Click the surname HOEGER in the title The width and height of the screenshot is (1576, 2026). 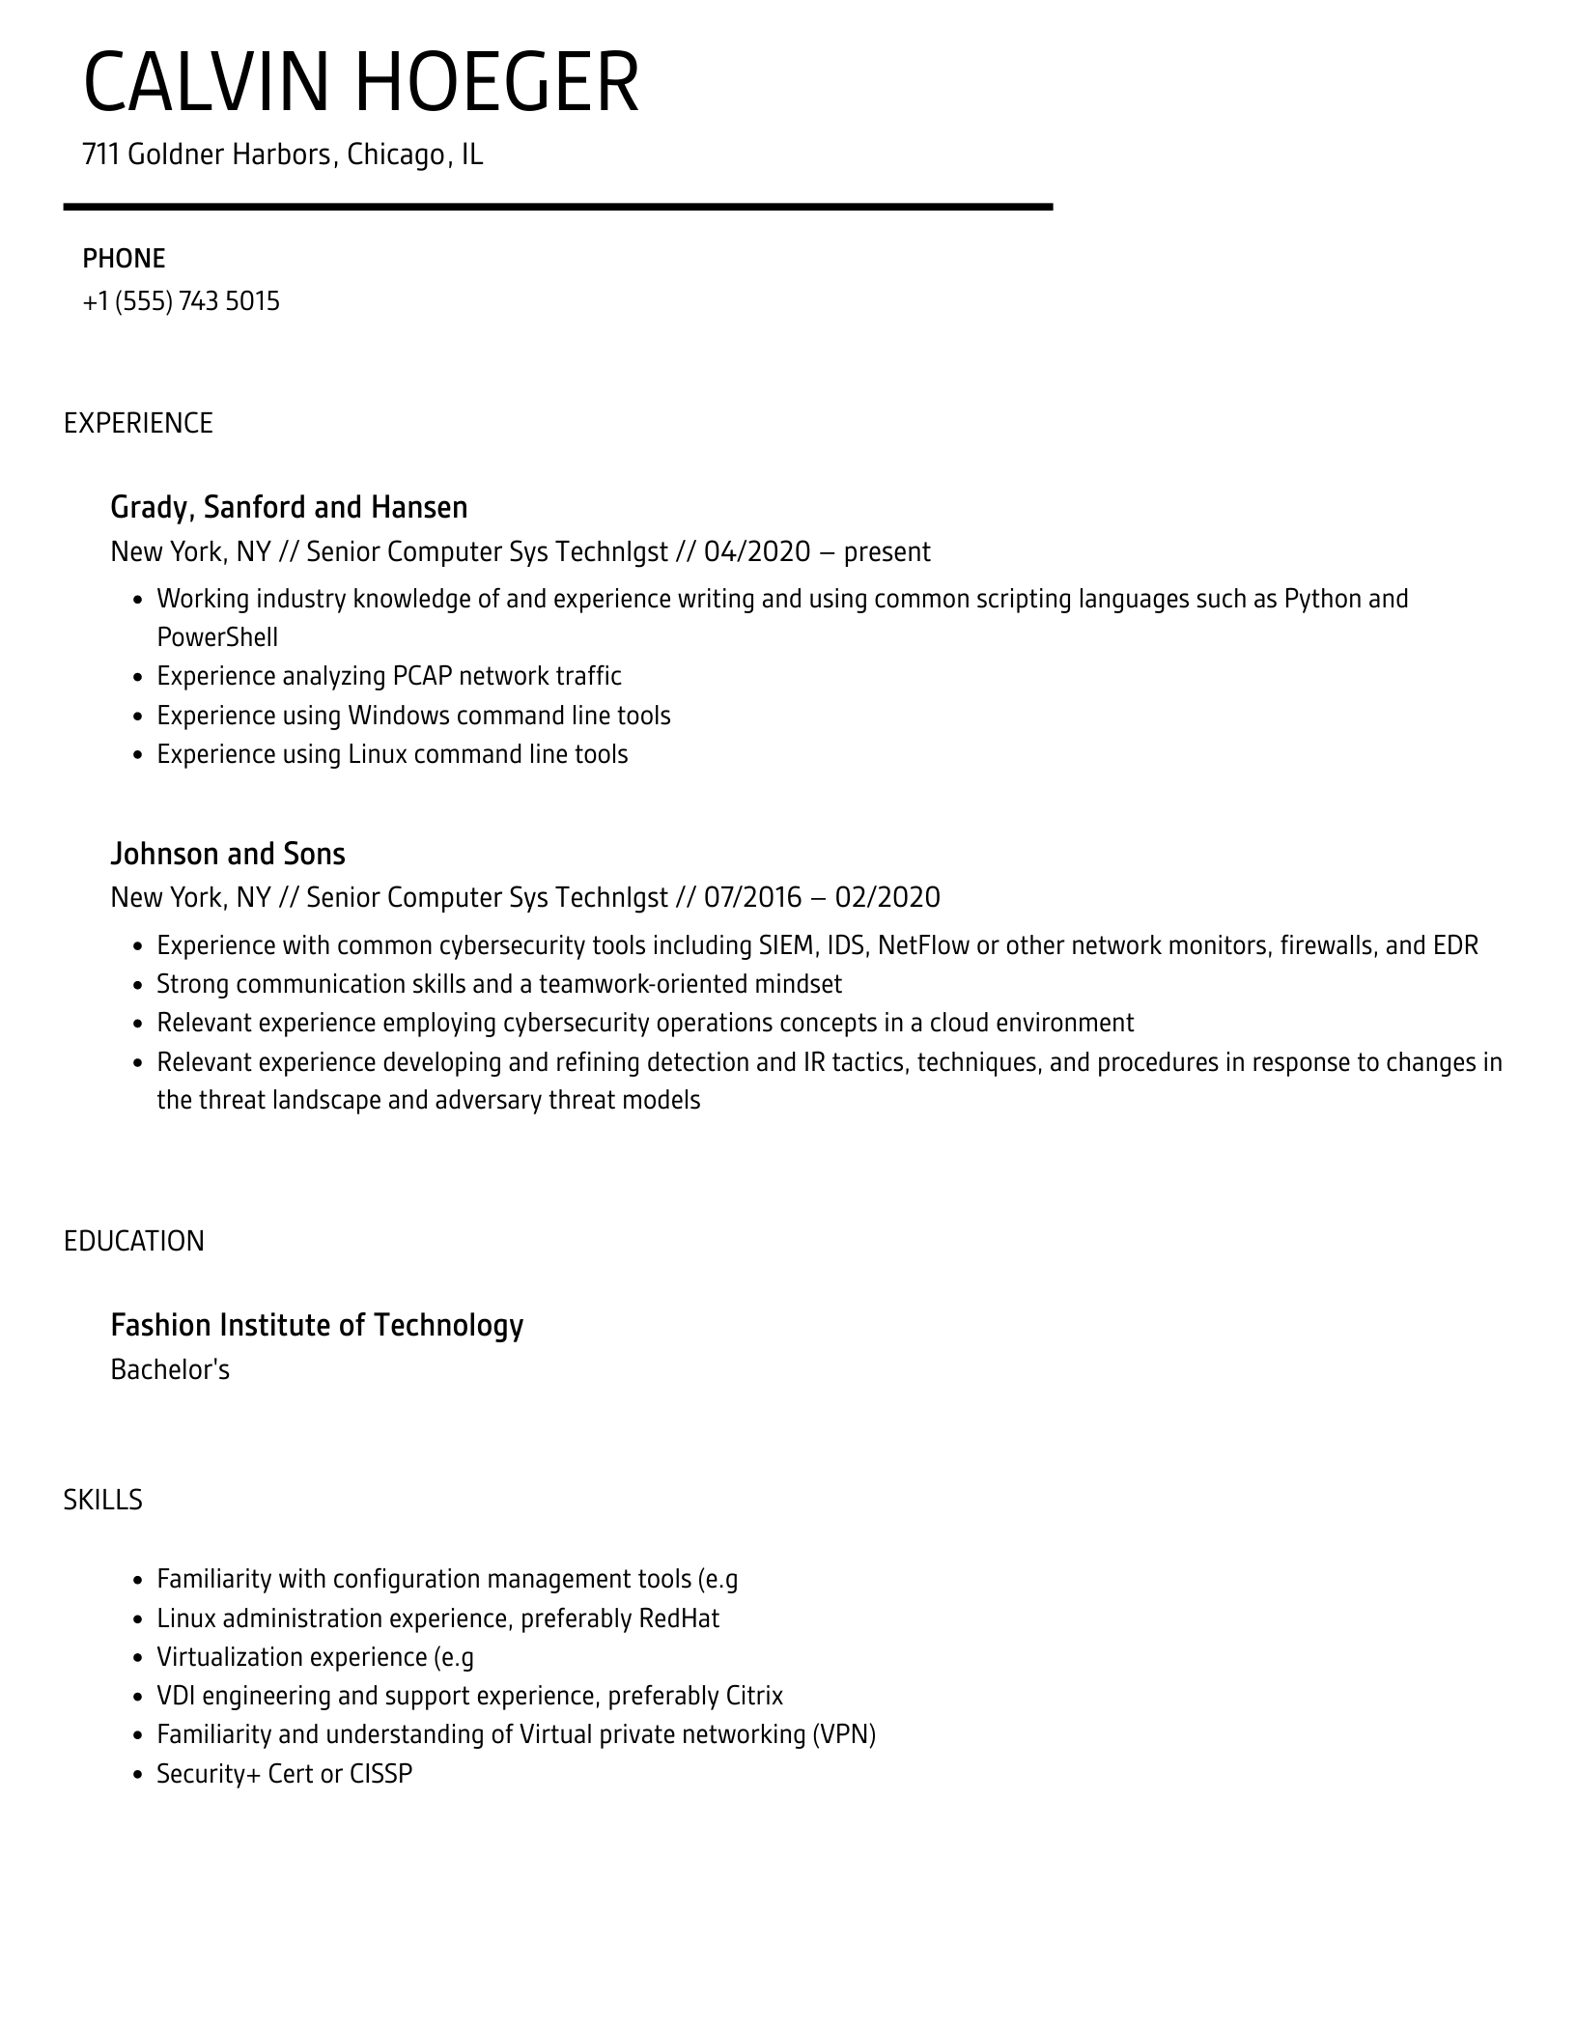coord(496,83)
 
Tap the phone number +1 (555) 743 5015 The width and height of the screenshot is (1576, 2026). coord(182,301)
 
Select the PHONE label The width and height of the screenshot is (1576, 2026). coord(124,259)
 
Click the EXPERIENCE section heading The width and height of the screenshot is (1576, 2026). coord(138,423)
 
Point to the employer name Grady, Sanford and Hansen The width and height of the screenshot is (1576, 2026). coord(289,507)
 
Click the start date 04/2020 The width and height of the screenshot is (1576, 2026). coord(756,551)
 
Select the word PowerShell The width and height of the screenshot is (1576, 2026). coord(217,637)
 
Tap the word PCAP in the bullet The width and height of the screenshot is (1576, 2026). coord(423,676)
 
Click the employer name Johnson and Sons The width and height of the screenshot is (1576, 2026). coord(228,854)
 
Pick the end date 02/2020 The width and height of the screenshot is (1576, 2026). coord(886,897)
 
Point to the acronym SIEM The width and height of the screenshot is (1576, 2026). coord(789,945)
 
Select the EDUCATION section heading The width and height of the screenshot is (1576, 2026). coord(134,1241)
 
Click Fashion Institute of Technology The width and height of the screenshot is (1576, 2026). coord(317,1325)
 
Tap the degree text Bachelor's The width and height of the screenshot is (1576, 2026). coord(170,1369)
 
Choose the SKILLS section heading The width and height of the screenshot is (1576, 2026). coord(103,1500)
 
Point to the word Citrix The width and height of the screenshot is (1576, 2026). coord(751,1696)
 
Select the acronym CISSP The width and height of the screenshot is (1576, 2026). coord(380,1774)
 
